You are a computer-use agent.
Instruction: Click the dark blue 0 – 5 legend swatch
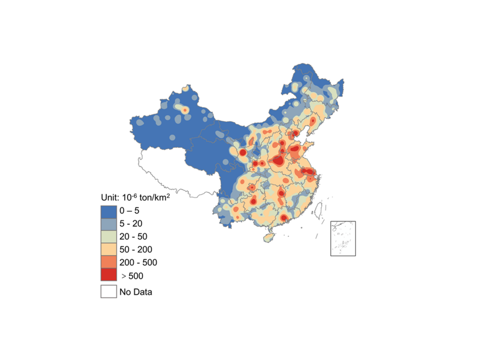[108, 211]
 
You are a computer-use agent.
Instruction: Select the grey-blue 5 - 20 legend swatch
[108, 224]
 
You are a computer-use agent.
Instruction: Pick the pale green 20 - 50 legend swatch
[108, 237]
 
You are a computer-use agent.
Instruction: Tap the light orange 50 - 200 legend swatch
[108, 250]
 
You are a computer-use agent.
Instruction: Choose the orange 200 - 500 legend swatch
[108, 263]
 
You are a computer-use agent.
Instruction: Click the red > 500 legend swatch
[108, 275]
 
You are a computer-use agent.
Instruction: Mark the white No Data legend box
[108, 292]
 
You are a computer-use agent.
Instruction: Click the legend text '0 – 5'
[129, 211]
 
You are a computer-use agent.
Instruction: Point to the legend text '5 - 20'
[131, 224]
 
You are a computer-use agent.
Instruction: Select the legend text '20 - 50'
[133, 237]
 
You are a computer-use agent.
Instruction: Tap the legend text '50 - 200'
[136, 250]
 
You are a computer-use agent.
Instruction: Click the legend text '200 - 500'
[138, 263]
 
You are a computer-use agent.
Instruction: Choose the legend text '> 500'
[133, 276]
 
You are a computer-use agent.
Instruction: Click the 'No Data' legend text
[136, 292]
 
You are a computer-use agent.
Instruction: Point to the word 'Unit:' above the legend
[110, 197]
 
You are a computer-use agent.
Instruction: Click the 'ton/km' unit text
[153, 197]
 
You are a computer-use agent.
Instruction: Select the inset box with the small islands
[343, 238]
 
